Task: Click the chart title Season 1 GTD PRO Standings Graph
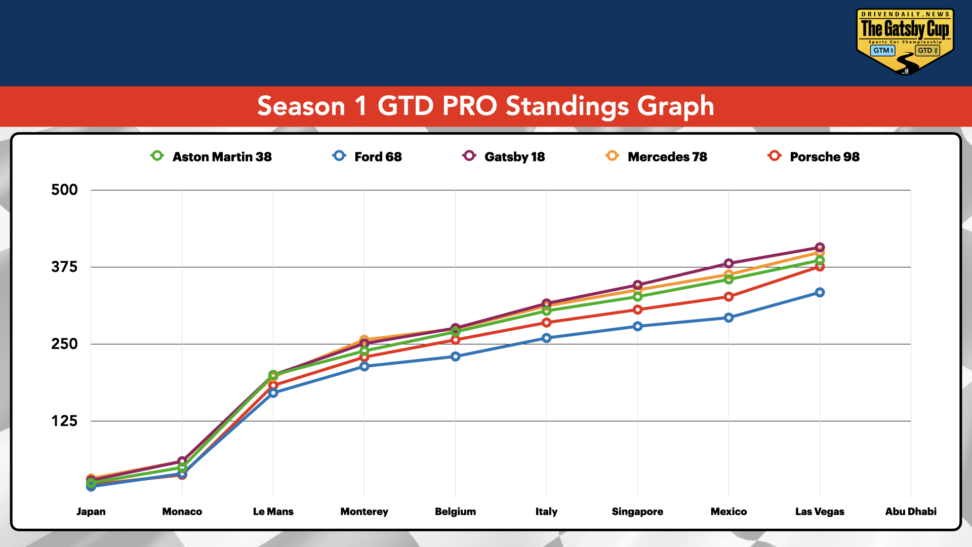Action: click(485, 106)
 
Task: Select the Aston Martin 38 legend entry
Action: click(212, 157)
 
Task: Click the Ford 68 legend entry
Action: click(368, 157)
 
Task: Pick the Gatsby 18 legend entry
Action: click(504, 157)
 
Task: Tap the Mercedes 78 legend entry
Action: click(657, 157)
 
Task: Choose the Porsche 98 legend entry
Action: click(814, 157)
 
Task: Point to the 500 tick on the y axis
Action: click(64, 190)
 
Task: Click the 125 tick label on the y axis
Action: click(64, 421)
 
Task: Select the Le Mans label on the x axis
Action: click(273, 512)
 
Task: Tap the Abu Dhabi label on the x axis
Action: click(910, 512)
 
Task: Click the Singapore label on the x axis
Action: click(637, 512)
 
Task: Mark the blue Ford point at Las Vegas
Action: click(820, 292)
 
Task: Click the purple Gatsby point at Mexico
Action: click(728, 263)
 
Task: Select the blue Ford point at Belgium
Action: click(455, 357)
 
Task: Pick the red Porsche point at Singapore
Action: click(637, 309)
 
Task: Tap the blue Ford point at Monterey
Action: click(364, 366)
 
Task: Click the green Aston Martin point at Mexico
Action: click(728, 280)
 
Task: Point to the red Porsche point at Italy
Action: click(546, 323)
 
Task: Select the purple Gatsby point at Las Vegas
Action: click(820, 247)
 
